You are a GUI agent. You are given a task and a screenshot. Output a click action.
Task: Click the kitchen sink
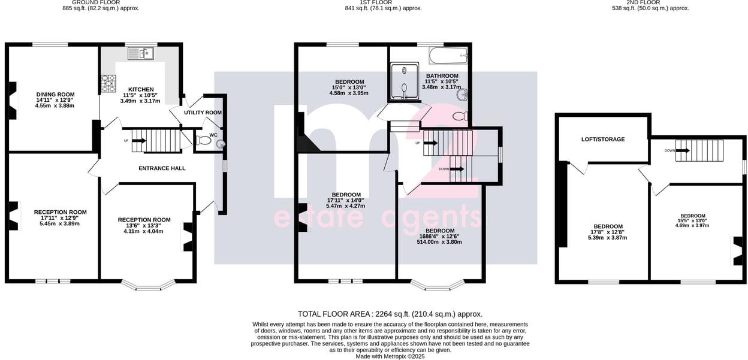click(x=140, y=54)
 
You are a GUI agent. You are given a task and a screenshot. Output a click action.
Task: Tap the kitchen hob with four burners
click(x=108, y=83)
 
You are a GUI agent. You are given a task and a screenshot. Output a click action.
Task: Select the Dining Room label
click(x=55, y=94)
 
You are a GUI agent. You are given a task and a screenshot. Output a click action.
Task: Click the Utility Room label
click(x=203, y=112)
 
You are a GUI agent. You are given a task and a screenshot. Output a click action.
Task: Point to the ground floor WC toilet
click(x=204, y=141)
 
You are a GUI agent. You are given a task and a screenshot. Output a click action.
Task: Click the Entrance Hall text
click(x=162, y=168)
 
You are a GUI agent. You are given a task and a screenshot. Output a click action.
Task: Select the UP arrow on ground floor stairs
click(x=139, y=141)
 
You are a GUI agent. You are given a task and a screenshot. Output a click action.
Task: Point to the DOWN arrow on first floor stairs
click(x=456, y=169)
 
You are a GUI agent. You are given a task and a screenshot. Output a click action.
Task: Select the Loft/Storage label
click(x=602, y=139)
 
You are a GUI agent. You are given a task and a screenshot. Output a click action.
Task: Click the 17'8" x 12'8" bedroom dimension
click(x=608, y=232)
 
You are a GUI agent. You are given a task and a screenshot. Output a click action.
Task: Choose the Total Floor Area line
click(x=390, y=314)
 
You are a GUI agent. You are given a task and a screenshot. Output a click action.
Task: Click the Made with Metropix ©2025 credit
click(x=390, y=356)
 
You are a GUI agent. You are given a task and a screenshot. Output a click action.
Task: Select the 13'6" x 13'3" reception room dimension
click(x=144, y=225)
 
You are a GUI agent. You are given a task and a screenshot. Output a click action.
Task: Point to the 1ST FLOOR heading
click(x=383, y=2)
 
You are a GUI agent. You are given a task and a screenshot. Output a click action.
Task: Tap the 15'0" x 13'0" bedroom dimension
click(x=349, y=87)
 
